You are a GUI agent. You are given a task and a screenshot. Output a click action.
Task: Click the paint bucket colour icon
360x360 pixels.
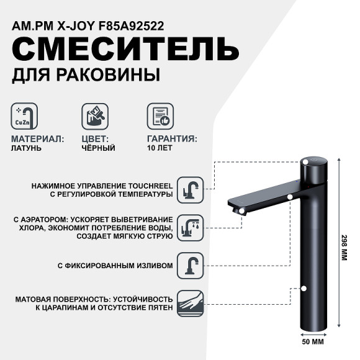point(95,116)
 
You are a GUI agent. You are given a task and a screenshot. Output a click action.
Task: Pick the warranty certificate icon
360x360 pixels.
point(160,116)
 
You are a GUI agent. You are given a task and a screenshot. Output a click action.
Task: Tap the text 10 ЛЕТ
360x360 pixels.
point(160,149)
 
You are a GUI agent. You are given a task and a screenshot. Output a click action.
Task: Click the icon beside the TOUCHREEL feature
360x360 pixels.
point(190,189)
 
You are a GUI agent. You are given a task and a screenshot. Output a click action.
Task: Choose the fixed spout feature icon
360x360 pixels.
point(190,264)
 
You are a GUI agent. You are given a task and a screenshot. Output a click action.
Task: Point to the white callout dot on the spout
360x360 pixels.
point(290,197)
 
